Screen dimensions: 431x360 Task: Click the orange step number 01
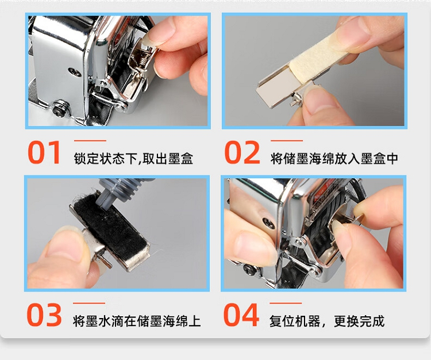click(x=44, y=152)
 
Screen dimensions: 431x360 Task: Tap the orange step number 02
click(x=242, y=152)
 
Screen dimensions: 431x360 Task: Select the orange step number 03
click(x=44, y=315)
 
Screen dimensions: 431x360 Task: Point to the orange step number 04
click(x=241, y=315)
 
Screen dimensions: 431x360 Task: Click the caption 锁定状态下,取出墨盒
click(x=133, y=158)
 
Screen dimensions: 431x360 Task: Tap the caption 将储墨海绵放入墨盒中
click(x=334, y=158)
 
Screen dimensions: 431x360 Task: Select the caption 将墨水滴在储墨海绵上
click(x=137, y=321)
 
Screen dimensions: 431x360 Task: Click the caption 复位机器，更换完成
click(x=327, y=321)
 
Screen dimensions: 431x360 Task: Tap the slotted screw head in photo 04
click(x=268, y=223)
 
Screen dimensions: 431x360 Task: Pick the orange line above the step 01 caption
click(x=90, y=141)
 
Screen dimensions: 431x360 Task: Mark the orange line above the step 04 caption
click(x=286, y=303)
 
